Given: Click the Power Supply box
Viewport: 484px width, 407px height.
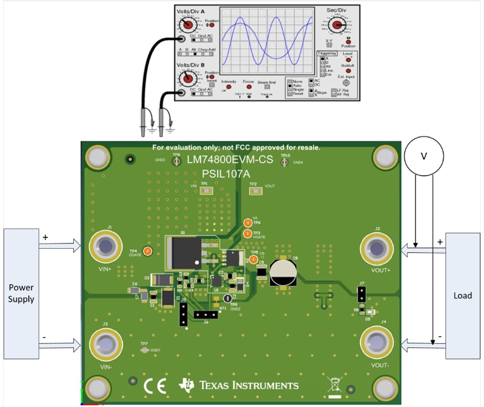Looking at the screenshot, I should (21, 293).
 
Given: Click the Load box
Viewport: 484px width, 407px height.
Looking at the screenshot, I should (462, 295).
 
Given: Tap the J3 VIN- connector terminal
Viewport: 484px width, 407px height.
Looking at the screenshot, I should (106, 343).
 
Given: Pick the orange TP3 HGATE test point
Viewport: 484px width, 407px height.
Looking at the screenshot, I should (247, 233).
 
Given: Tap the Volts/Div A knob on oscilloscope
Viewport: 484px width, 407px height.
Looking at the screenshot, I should (188, 25).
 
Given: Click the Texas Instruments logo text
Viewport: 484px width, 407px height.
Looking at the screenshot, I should (249, 385).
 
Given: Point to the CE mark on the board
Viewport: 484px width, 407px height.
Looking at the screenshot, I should (155, 385).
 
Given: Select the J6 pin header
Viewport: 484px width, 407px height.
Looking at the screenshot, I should (205, 315).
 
